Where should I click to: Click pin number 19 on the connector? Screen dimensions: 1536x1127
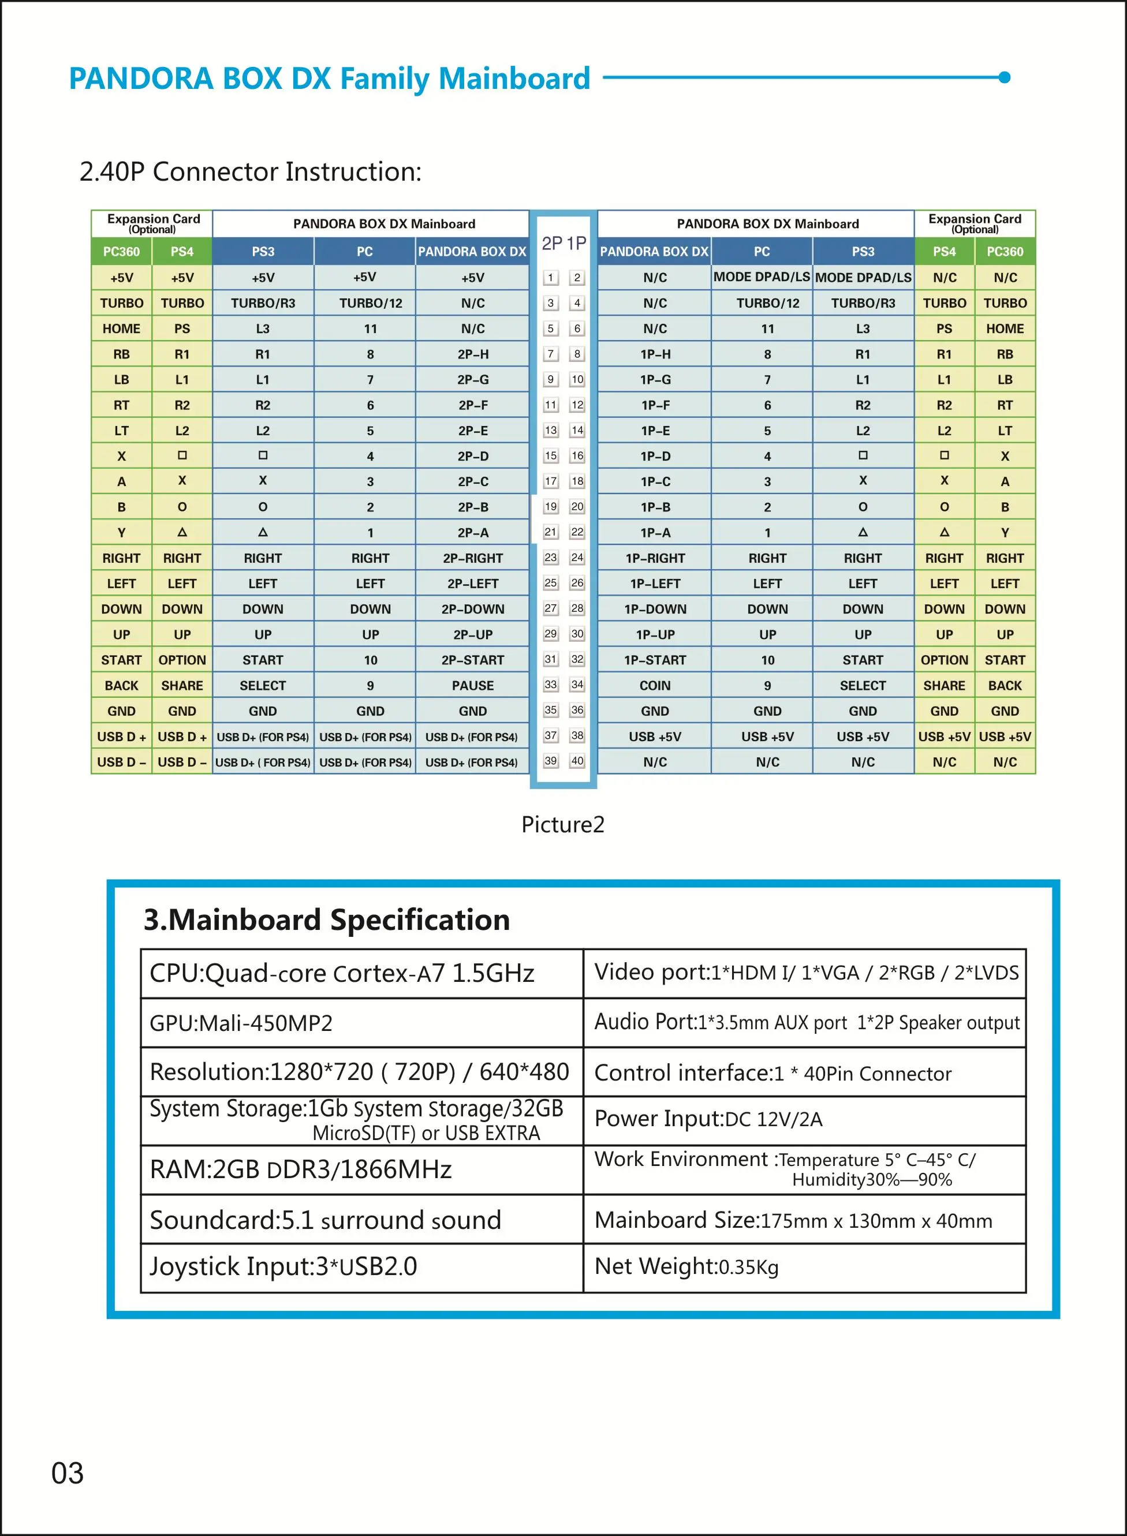tap(551, 507)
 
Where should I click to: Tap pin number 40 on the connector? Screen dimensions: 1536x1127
tap(577, 761)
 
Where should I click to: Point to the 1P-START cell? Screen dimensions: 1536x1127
tap(655, 660)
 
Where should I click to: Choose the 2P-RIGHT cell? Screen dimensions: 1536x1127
tap(473, 558)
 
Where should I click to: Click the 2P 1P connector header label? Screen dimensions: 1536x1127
tap(563, 244)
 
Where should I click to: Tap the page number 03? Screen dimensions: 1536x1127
tap(68, 1473)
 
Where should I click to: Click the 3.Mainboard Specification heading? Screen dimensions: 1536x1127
tap(327, 920)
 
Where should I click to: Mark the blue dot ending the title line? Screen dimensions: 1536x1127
tap(1004, 77)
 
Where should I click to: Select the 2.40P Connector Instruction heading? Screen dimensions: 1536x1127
tap(251, 171)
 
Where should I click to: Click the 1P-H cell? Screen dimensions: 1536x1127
tap(655, 354)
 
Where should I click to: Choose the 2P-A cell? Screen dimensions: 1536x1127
tap(473, 533)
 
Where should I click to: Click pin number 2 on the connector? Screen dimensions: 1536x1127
tap(577, 278)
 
